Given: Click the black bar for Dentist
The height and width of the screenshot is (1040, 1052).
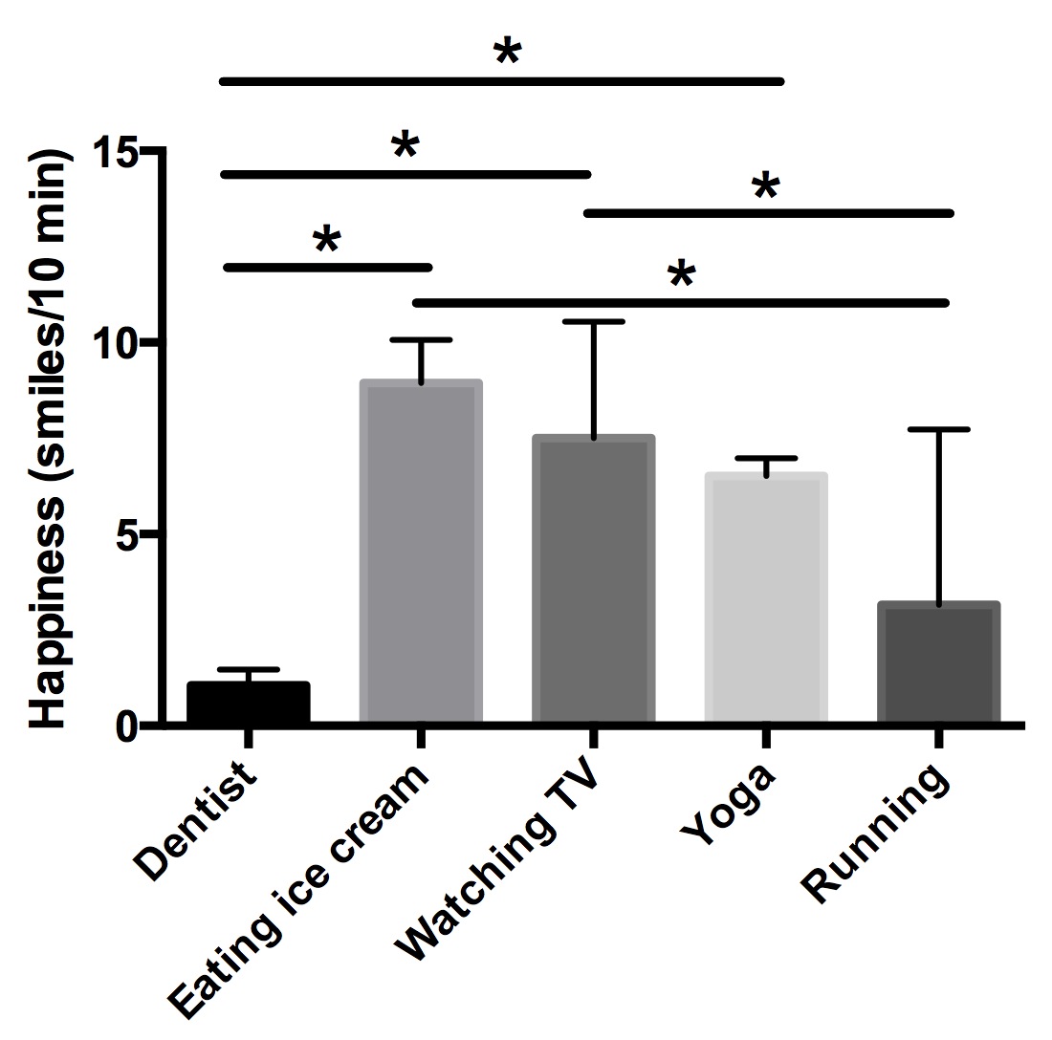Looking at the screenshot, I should [248, 704].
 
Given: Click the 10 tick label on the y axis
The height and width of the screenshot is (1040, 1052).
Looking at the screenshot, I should [116, 343].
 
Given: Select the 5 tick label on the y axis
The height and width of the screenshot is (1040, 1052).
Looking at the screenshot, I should [129, 534].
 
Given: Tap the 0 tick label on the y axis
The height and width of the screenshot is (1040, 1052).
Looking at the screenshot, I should [129, 726].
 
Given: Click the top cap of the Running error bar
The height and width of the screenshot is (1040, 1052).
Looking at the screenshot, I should [938, 430].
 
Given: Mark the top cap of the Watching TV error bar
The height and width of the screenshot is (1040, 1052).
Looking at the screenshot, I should [593, 322].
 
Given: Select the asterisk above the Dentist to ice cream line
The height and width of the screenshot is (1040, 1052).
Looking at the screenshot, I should [327, 242].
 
